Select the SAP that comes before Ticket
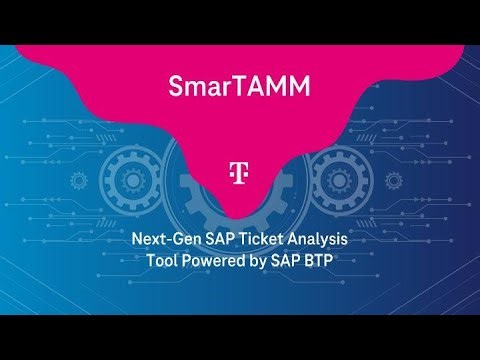point(219,240)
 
